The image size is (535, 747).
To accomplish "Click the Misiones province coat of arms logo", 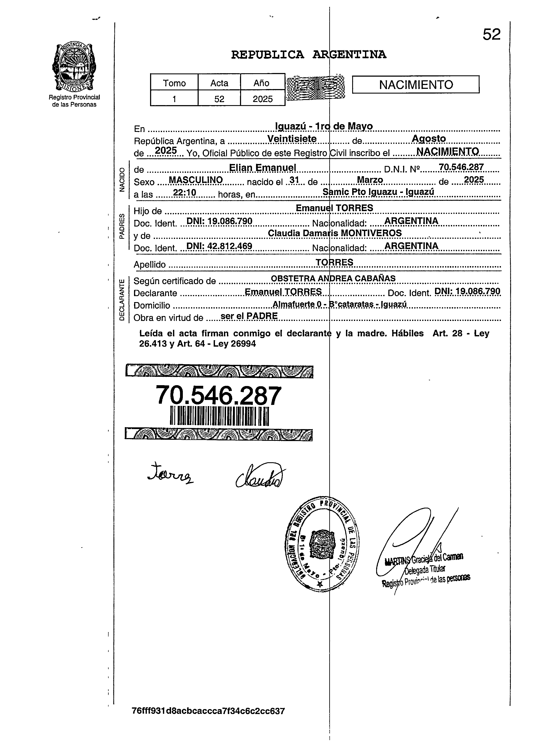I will tap(74, 67).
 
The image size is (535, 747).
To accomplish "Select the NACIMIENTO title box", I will tap(416, 85).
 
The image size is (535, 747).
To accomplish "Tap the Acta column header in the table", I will tap(219, 83).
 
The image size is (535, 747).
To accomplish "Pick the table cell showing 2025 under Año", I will tap(262, 99).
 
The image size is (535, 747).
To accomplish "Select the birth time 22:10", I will tap(185, 193).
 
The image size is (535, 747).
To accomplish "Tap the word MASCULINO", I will tap(196, 180).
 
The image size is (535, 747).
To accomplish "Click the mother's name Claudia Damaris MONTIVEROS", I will tap(335, 233).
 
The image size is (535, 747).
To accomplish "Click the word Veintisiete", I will tap(292, 139).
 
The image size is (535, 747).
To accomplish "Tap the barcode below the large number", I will tap(219, 416).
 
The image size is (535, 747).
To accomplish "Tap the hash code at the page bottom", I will tap(208, 720).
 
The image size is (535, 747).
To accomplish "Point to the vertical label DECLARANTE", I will tap(122, 300).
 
